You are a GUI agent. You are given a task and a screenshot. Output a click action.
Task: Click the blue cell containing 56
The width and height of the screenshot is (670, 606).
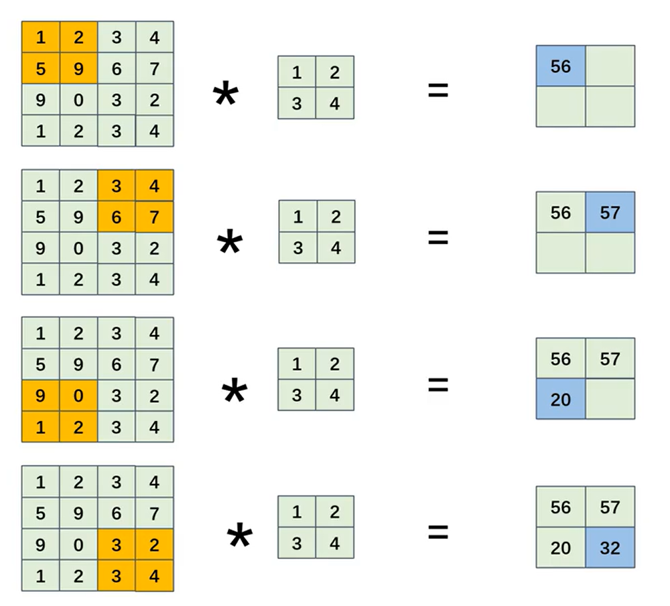561,66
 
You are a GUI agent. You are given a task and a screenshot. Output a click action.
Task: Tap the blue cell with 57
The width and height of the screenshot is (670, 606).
610,213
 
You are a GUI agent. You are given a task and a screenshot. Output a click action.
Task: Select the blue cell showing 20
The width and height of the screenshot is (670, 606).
561,399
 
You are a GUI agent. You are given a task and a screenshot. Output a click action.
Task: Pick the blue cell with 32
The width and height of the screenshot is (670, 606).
610,548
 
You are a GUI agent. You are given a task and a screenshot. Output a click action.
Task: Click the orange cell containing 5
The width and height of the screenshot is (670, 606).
41,68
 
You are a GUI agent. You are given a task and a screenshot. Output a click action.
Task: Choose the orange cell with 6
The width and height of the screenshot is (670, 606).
117,217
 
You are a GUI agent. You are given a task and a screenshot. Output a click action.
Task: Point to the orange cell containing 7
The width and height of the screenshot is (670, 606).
155,217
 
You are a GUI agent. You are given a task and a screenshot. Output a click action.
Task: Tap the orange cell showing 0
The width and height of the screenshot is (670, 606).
78,396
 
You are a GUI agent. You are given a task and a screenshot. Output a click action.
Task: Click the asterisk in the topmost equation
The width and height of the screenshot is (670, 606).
225,95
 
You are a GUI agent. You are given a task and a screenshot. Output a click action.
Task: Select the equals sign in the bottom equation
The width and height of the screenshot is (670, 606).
438,532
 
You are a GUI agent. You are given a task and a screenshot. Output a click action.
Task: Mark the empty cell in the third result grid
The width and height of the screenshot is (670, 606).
610,399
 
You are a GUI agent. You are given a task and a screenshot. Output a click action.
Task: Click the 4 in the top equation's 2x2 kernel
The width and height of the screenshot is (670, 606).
334,103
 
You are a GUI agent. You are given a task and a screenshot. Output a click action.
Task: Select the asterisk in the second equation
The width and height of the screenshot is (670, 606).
229,243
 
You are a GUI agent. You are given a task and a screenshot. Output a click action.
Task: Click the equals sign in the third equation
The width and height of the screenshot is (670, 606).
438,384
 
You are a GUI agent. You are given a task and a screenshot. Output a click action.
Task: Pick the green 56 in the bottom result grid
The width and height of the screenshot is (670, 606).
561,507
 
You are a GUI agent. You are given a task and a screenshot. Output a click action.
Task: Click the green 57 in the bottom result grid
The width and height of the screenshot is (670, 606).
610,507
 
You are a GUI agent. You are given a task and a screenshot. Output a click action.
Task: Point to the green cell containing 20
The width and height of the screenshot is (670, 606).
561,548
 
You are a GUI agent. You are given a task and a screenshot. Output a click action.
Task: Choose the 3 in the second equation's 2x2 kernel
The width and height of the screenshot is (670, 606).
297,247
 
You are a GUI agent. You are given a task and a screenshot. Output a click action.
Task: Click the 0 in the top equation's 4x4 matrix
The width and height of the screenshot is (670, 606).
78,100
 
